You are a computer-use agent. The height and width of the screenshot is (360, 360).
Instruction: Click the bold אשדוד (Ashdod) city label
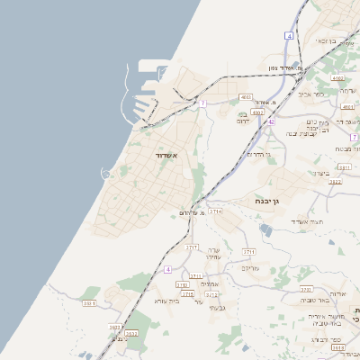tap(161, 156)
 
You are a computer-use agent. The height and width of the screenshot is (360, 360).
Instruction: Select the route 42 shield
tap(270, 120)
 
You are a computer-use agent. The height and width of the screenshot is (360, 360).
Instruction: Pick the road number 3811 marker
tap(343, 166)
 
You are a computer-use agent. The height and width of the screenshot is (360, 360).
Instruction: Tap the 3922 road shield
tap(335, 182)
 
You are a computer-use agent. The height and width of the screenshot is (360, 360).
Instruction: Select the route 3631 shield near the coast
tap(89, 303)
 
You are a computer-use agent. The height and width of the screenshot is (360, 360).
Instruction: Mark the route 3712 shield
tap(211, 293)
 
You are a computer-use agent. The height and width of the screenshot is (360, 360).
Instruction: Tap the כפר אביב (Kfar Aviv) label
tap(309, 94)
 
